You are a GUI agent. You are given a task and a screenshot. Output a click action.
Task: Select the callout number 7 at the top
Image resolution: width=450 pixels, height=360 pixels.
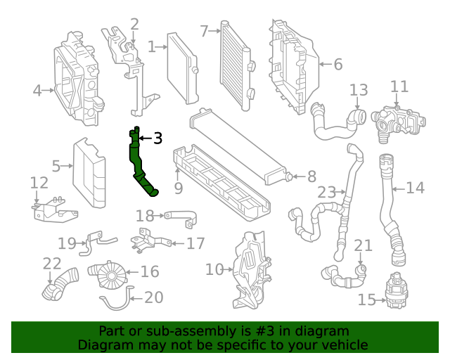(x=204, y=31)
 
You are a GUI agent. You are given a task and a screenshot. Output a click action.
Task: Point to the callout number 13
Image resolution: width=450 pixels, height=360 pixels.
(x=359, y=90)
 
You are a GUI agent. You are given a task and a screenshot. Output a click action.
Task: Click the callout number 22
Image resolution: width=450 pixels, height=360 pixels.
(x=52, y=264)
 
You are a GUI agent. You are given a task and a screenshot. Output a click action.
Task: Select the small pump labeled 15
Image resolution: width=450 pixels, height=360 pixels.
(x=395, y=290)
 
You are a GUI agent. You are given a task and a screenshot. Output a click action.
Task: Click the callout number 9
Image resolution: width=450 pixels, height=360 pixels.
(x=179, y=188)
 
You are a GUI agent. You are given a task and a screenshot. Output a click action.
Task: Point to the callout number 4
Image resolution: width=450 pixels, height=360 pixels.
(x=37, y=90)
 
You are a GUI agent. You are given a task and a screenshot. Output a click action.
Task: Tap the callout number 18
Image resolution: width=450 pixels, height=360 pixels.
(x=144, y=216)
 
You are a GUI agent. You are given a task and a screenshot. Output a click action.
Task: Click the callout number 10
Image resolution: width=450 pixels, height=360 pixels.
(x=214, y=269)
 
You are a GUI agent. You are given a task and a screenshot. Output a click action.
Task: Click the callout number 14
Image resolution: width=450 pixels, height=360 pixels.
(x=416, y=188)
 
